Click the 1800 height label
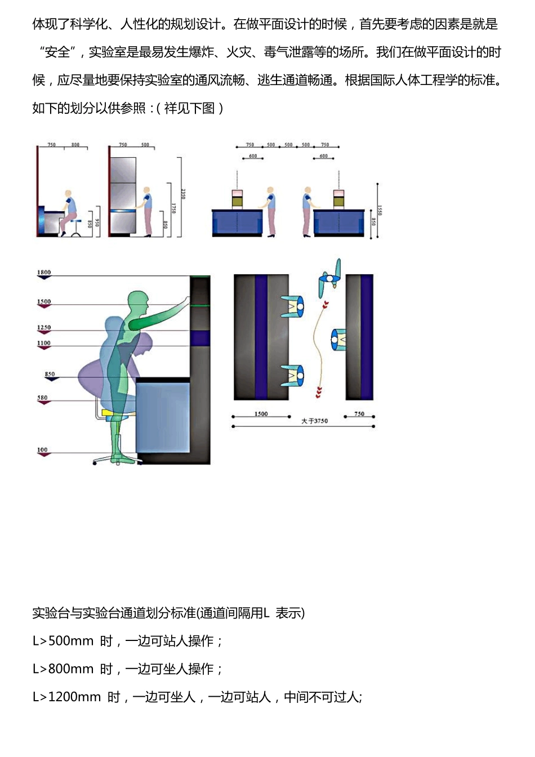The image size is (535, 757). point(44,272)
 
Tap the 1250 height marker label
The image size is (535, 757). point(44,327)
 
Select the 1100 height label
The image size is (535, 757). point(44,343)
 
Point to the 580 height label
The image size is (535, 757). point(43,398)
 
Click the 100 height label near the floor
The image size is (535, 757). point(43,450)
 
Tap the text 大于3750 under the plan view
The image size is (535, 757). point(314,421)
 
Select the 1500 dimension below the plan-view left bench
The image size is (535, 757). point(261,414)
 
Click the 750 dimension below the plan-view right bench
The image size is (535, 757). point(359,414)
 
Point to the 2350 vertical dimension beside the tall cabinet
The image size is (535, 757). point(184,193)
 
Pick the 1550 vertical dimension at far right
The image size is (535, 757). point(380,210)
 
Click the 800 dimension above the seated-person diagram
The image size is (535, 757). point(75,145)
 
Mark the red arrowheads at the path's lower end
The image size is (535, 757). point(319,391)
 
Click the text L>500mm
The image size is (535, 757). point(63,641)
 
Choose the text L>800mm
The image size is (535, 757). point(63,669)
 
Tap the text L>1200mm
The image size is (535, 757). point(66,697)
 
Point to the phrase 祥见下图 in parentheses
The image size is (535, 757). point(190,108)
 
